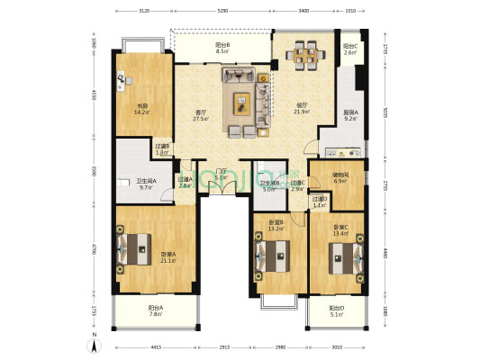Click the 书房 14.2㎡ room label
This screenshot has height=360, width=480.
click(142, 110)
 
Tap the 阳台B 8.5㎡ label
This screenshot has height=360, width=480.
click(222, 49)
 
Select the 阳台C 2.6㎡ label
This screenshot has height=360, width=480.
click(349, 49)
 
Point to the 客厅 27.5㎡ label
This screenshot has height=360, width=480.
click(202, 116)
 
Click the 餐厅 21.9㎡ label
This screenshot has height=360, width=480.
click(302, 109)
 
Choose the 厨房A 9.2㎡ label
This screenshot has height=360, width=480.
click(350, 115)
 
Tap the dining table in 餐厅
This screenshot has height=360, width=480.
click(303, 56)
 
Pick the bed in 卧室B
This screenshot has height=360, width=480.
click(276, 256)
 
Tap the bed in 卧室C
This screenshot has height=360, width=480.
click(343, 256)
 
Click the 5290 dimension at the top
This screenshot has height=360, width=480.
click(222, 12)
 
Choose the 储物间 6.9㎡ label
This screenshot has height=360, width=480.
click(340, 178)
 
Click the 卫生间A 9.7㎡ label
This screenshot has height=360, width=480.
click(148, 184)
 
